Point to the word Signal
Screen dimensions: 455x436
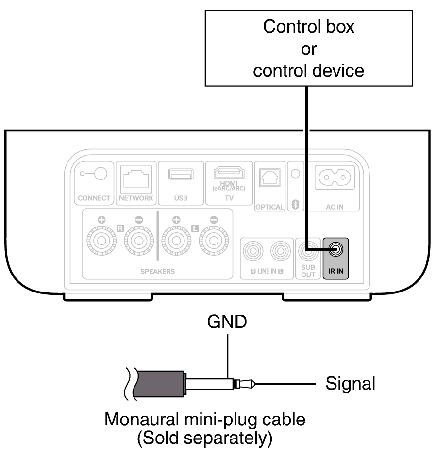click(x=350, y=383)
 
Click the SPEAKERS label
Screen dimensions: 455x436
click(x=157, y=272)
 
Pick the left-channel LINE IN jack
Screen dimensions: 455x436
click(x=280, y=250)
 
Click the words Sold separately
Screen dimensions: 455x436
click(x=204, y=438)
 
